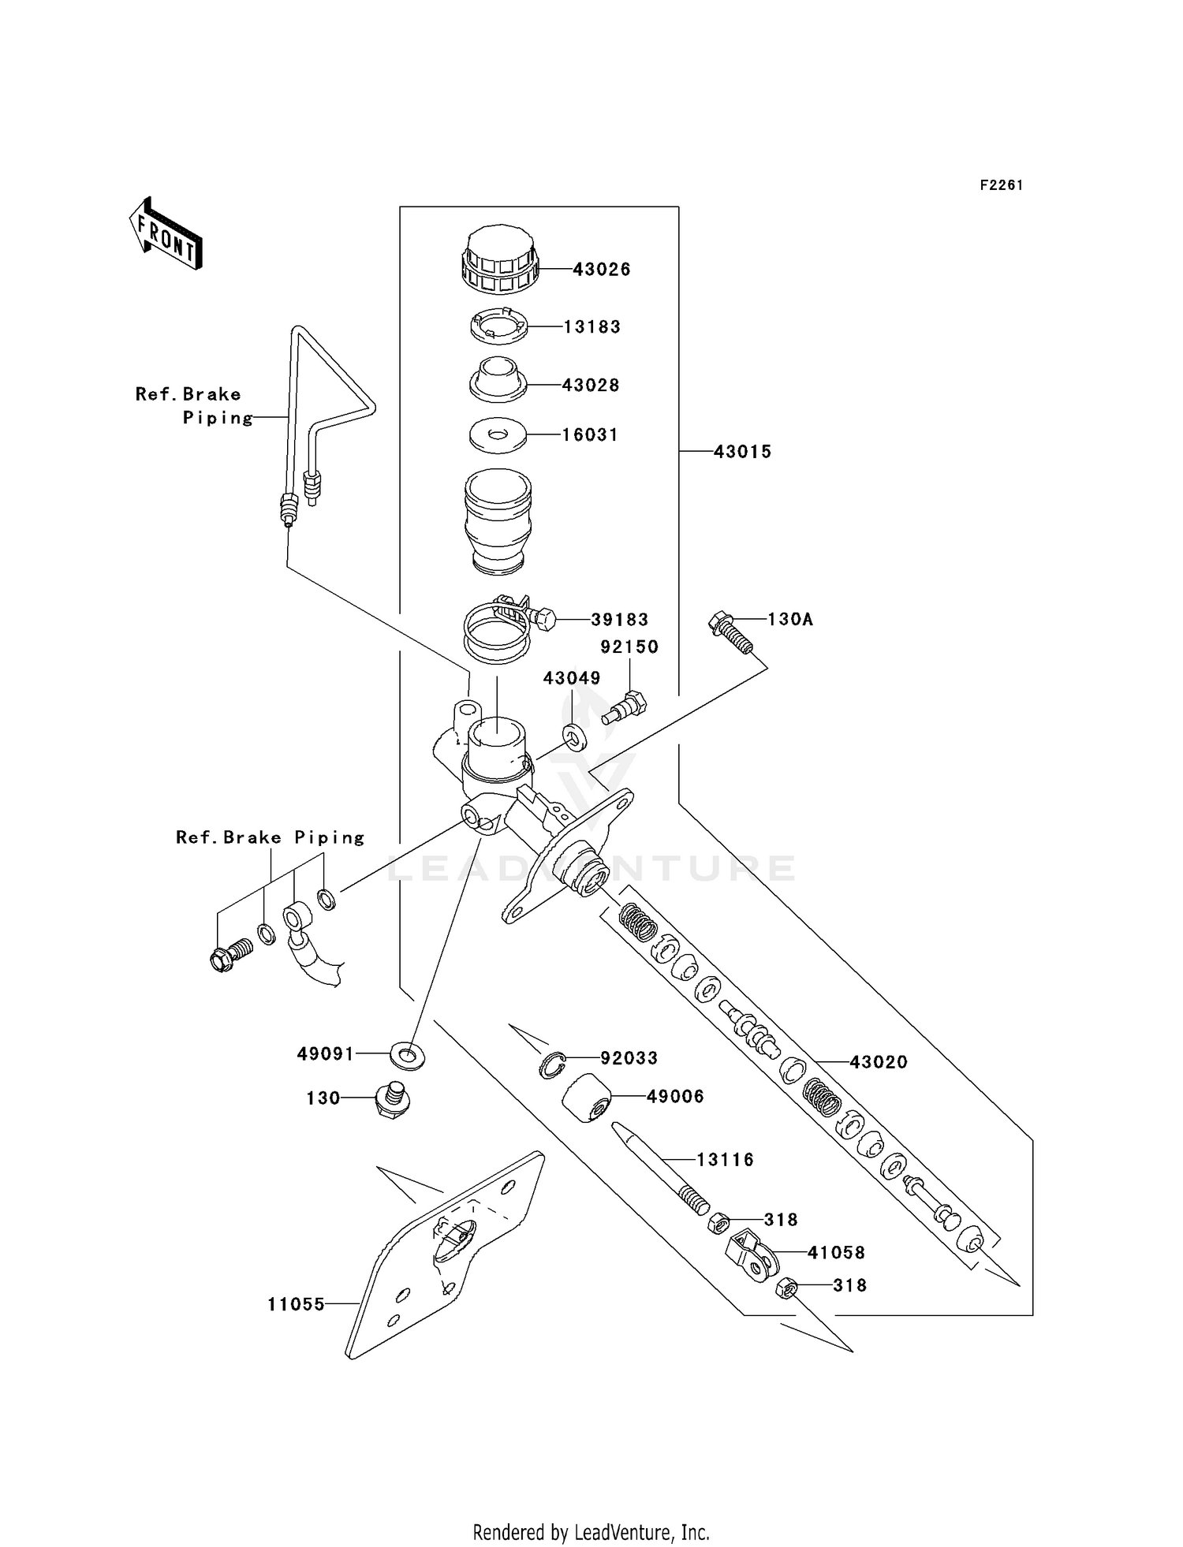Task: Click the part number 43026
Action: pyautogui.click(x=601, y=270)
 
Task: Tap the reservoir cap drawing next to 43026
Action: pyautogui.click(x=500, y=260)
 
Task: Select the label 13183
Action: pyautogui.click(x=591, y=327)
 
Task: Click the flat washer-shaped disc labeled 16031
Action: pyautogui.click(x=498, y=434)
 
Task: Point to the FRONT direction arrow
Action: pyautogui.click(x=166, y=234)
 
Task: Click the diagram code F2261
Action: pyautogui.click(x=1001, y=185)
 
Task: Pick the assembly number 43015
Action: pyautogui.click(x=742, y=452)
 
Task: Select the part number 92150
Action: pyautogui.click(x=629, y=647)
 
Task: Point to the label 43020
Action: pyautogui.click(x=879, y=1062)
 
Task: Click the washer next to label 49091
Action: pyautogui.click(x=408, y=1054)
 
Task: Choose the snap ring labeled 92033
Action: pyautogui.click(x=553, y=1065)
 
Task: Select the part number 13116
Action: pyautogui.click(x=725, y=1160)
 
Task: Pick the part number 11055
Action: pyautogui.click(x=296, y=1305)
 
